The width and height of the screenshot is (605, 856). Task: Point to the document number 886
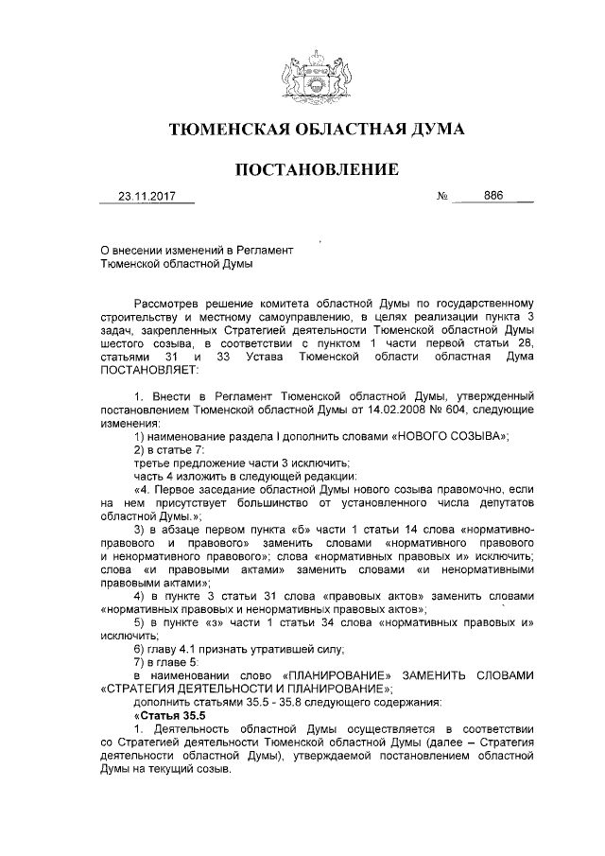click(x=493, y=198)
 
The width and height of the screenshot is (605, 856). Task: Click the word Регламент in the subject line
click(x=263, y=250)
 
